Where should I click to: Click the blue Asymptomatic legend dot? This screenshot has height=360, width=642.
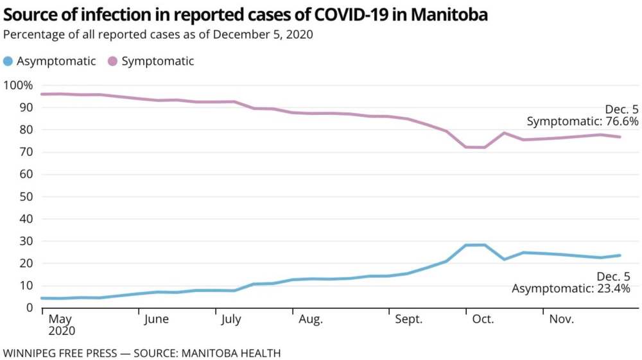pos(8,62)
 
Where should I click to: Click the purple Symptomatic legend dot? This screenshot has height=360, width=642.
pos(112,62)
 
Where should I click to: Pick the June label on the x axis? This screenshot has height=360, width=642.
pos(157,320)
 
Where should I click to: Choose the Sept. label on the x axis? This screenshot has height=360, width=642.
pos(409,320)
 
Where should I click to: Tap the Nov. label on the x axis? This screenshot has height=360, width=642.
pos(560,320)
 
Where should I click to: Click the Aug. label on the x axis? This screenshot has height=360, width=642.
pos(311,320)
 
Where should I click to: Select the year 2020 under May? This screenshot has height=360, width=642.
pos(62,332)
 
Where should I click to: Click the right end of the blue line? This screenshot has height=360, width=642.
pos(620,255)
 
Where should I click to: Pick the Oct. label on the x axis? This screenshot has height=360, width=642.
pos(483,320)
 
